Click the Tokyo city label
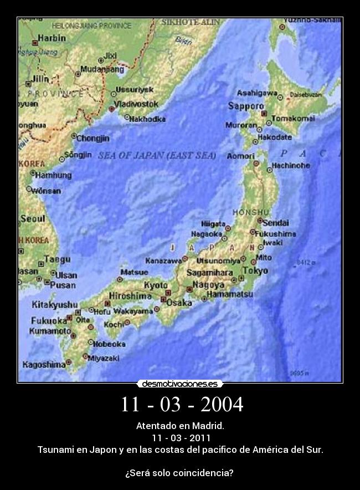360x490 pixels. click(255, 270)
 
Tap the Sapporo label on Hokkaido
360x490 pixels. click(246, 105)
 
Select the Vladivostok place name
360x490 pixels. click(136, 104)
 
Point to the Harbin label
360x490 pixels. click(52, 38)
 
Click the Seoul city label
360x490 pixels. click(33, 219)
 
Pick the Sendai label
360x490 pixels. click(275, 223)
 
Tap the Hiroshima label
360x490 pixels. click(130, 296)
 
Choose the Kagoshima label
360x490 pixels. click(44, 365)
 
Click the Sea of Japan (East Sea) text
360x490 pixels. click(157, 156)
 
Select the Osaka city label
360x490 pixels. click(179, 303)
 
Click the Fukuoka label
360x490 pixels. click(49, 320)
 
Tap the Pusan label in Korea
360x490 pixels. click(63, 285)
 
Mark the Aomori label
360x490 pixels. click(240, 156)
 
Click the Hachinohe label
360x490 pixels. click(291, 165)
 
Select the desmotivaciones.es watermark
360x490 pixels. click(180, 384)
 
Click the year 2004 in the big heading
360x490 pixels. click(222, 405)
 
